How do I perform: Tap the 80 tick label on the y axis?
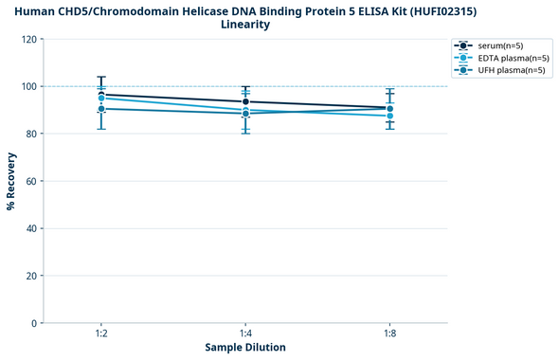pos(30,134)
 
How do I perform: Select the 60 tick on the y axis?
pos(30,181)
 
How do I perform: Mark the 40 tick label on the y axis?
pos(30,228)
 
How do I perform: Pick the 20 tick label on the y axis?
pos(30,276)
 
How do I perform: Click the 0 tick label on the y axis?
pos(33,323)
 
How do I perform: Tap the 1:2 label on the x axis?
pos(100,334)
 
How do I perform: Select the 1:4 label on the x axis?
pos(245,334)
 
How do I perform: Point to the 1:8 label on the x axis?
pos(389,334)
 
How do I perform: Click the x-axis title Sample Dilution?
pos(245,348)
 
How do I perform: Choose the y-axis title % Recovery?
pos(11,181)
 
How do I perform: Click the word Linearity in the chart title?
pos(245,25)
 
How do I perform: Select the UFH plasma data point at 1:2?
pos(101,109)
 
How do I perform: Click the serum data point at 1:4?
pos(245,101)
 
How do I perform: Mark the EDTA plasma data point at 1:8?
pos(389,116)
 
